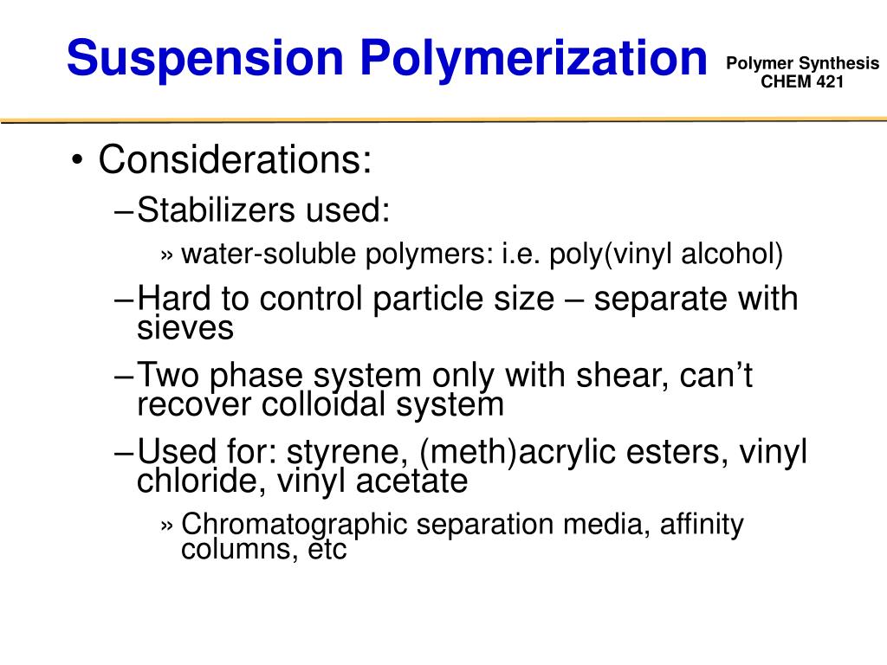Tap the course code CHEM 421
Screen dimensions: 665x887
(x=801, y=81)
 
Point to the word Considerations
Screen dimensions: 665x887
(x=235, y=160)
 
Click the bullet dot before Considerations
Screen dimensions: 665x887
(x=78, y=162)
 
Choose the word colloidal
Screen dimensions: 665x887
(x=340, y=404)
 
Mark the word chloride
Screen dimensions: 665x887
(x=202, y=481)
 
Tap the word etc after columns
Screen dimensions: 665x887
(x=326, y=550)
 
